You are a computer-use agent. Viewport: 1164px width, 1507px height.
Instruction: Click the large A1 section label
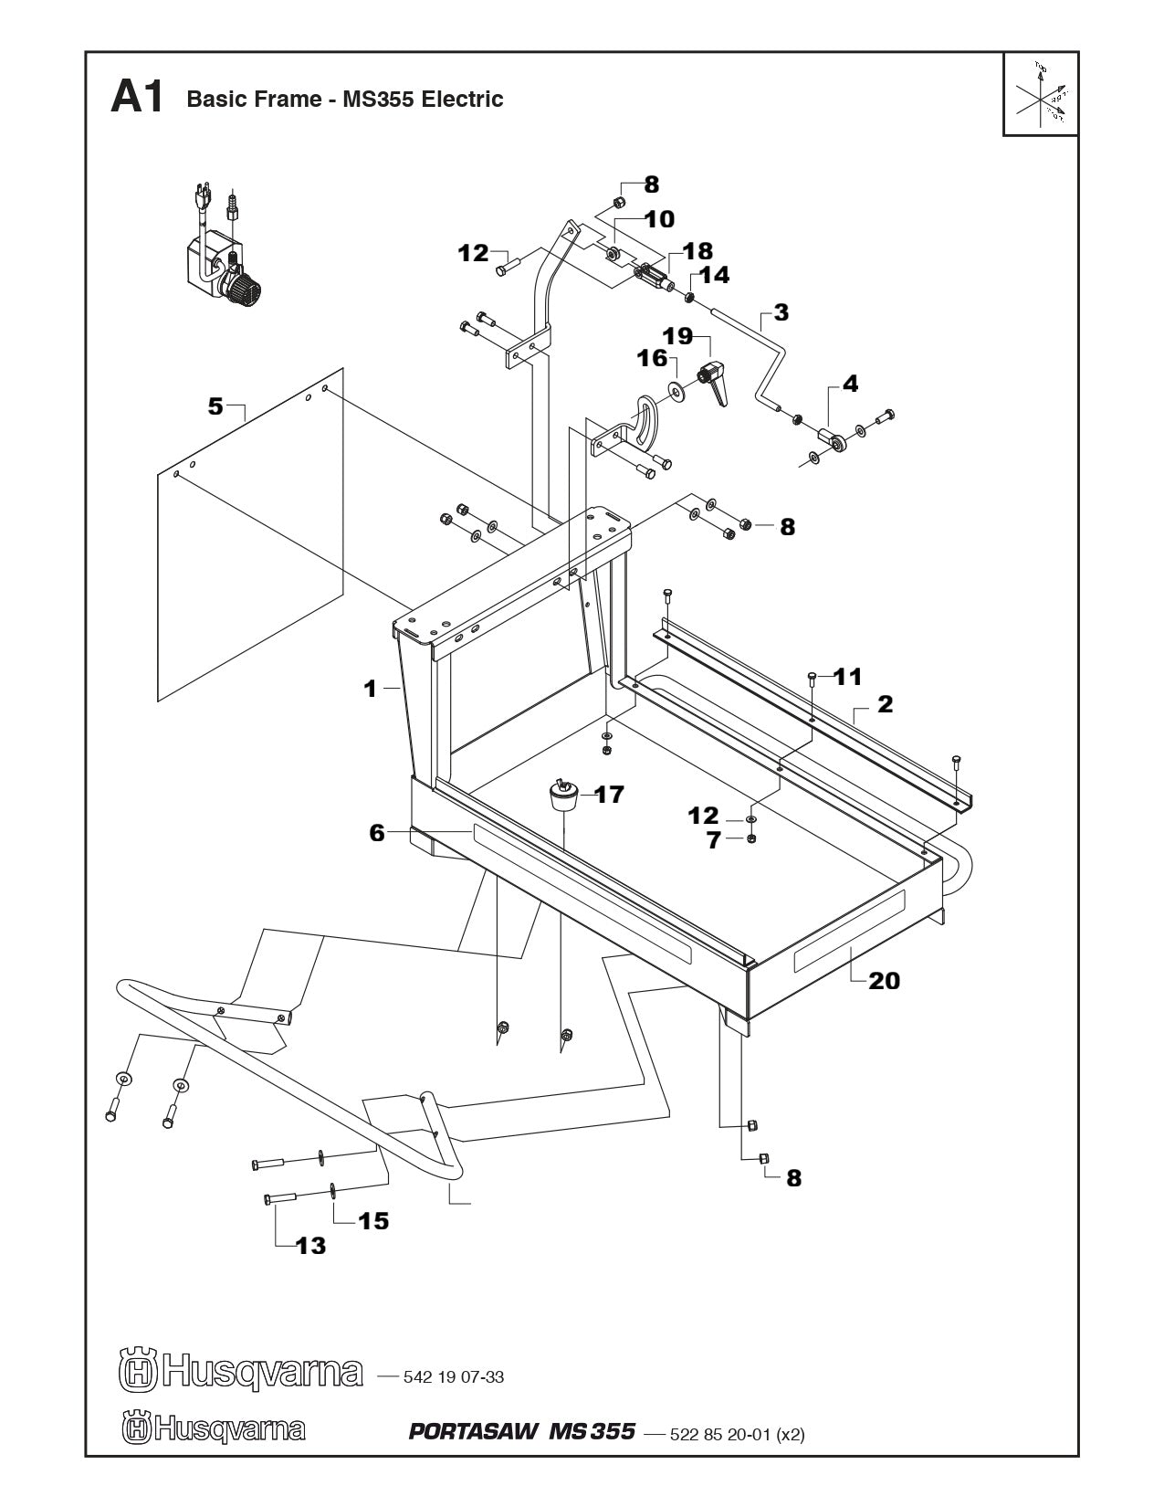point(137,98)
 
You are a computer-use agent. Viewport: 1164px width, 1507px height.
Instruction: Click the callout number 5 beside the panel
point(215,406)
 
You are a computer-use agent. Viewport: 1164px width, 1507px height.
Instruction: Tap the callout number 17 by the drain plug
point(609,795)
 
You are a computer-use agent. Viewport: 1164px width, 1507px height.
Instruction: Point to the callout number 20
point(884,981)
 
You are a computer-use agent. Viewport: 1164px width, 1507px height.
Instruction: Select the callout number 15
point(373,1220)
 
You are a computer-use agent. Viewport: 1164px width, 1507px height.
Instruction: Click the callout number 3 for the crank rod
point(781,312)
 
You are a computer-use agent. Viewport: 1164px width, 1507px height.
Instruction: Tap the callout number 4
point(850,384)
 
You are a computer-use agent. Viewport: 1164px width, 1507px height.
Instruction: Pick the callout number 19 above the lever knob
point(677,335)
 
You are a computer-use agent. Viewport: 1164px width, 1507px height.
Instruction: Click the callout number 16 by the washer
point(653,358)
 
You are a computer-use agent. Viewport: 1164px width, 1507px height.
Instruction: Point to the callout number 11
point(847,677)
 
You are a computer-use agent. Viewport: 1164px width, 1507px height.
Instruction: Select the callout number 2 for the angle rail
point(885,704)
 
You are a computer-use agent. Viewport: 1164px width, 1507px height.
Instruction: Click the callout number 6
point(377,832)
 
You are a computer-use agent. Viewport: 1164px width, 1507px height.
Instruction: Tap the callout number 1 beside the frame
point(371,689)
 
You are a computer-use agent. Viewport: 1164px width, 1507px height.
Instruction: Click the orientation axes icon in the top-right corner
point(1041,94)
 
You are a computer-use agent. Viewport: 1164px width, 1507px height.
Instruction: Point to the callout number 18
point(698,251)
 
